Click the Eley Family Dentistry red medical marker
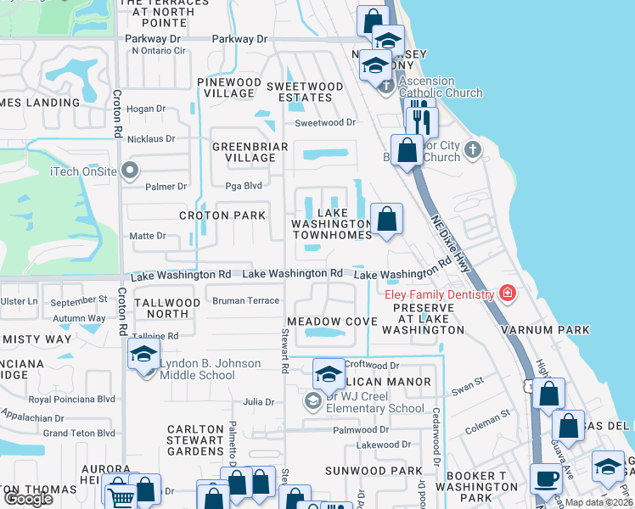coord(508,294)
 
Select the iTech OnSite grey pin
coord(130,171)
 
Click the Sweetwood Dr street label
coord(325,123)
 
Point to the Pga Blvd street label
coord(240,186)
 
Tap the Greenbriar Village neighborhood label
coord(250,153)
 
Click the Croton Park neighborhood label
coord(222,215)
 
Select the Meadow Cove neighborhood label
coord(331,322)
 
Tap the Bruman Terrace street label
coord(245,301)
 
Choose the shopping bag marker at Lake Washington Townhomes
coord(386,219)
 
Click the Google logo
coord(28,500)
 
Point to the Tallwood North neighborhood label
coord(167,309)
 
